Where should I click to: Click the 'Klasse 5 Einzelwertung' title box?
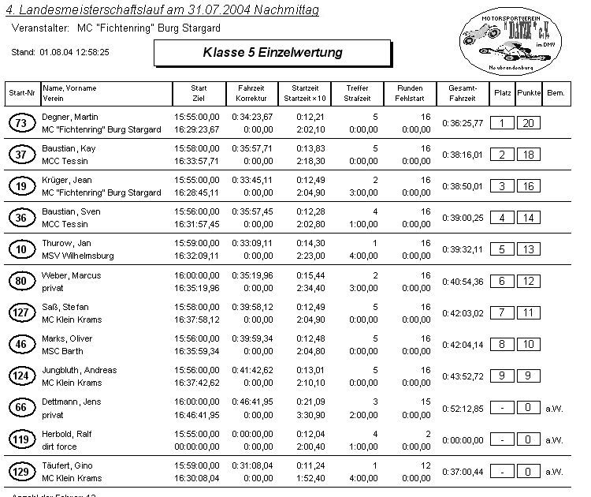coord(272,53)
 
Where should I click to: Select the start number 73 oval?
coord(20,122)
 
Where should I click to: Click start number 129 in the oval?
coord(20,471)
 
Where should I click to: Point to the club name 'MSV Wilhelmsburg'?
coord(78,256)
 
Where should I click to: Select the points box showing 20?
coord(530,123)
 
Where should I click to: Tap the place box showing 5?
coord(502,249)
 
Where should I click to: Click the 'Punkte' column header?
coord(530,93)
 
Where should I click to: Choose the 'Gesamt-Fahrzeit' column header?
coord(462,93)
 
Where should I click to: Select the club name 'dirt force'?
coord(59,446)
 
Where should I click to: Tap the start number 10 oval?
coord(20,249)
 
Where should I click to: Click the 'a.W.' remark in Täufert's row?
coord(554,472)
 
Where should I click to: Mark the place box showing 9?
coord(502,376)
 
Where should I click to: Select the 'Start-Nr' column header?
coord(21,93)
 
